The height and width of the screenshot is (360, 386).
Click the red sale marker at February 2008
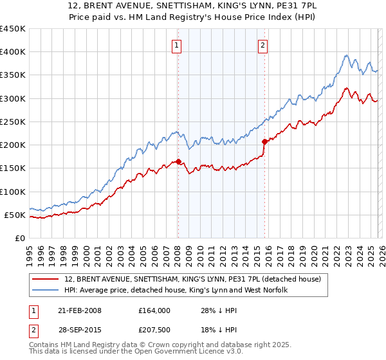pos(178,162)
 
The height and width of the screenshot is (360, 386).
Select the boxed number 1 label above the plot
pos(176,45)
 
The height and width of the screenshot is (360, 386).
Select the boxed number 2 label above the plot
pos(264,45)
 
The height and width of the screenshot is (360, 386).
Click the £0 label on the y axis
pos(19,238)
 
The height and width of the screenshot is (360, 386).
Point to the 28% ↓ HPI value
pos(216,310)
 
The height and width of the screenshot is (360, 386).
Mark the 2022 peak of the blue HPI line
pos(346,56)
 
